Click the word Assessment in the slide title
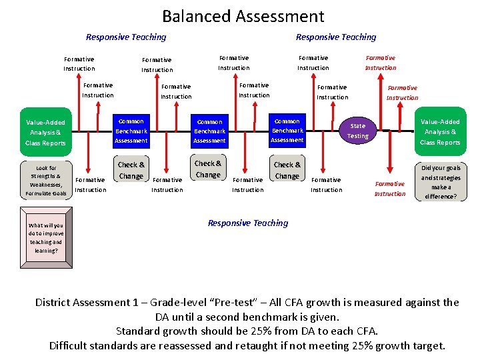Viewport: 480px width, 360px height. coord(280,17)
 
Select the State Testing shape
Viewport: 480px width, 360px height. coord(358,131)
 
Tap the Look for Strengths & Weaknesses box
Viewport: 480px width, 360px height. coord(46,181)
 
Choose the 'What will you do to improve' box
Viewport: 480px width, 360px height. coord(46,238)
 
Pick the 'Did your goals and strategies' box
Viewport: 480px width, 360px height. coord(440,182)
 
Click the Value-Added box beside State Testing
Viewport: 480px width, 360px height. coord(440,132)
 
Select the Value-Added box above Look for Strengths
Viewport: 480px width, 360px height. coord(46,133)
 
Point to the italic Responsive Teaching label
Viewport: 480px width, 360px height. coord(248,223)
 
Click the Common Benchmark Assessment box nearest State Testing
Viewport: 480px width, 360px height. coord(287,131)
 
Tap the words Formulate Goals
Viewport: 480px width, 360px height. coord(46,193)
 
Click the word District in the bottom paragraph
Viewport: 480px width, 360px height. coord(56,303)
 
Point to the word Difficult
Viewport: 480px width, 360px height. coord(69,345)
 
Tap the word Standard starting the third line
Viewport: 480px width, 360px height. coord(137,331)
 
